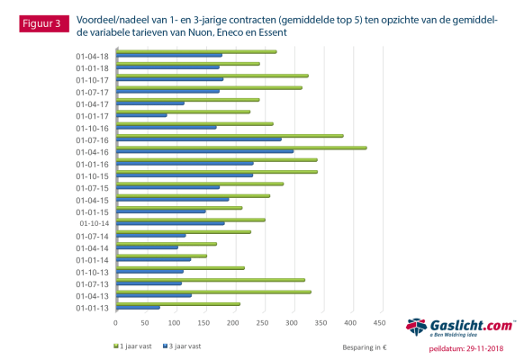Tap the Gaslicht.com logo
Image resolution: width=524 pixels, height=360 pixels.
coord(459,328)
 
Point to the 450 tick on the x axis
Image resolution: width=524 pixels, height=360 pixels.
coord(379,322)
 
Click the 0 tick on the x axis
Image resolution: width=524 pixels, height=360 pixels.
coord(115,322)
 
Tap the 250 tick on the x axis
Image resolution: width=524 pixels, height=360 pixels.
coord(262,322)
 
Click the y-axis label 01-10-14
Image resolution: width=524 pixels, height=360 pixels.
coord(94,223)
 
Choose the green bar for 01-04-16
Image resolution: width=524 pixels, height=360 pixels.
coord(240,148)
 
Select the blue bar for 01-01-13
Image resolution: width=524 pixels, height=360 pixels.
coord(137,308)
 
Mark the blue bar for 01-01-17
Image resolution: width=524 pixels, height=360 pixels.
coord(140,115)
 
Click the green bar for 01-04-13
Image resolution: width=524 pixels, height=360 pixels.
coord(212,292)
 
